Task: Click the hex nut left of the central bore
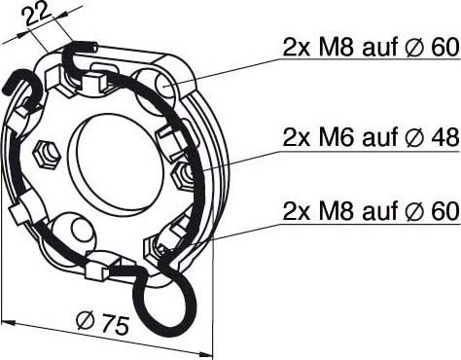tap(43, 154)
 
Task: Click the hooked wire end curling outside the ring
tap(21, 92)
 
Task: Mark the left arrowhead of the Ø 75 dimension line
tap(8, 318)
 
